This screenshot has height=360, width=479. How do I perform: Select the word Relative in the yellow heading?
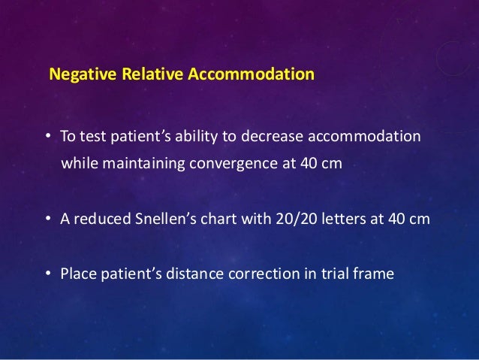pos(137,76)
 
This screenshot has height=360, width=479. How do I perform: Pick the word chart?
pos(212,219)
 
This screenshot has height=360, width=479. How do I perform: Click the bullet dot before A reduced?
pos(47,220)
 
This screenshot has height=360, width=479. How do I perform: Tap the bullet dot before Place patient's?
pos(47,274)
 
